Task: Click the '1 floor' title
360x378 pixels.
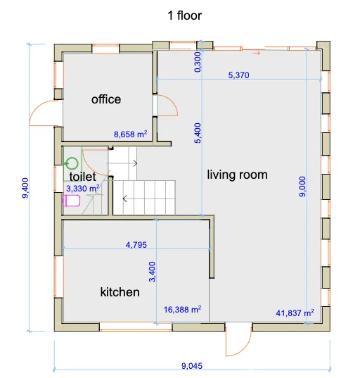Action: pos(184,15)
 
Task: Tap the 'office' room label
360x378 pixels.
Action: pos(106,99)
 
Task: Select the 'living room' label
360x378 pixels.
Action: pos(237,175)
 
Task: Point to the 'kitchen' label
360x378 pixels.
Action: pos(120,292)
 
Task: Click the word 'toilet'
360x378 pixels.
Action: pos(82,177)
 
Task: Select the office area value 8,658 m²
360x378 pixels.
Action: pos(131,134)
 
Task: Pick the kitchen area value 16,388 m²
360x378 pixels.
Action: pos(183,309)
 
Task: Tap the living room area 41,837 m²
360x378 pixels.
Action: pos(295,313)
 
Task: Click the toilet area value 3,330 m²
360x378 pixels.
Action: pos(83,188)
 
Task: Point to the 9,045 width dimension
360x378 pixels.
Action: pos(192,366)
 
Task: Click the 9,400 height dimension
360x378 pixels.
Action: pos(25,188)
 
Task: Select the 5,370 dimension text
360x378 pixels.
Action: pos(238,75)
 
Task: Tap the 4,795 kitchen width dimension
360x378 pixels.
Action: pos(136,245)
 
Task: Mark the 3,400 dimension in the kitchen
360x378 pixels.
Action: pos(153,272)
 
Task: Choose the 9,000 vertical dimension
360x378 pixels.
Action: pos(302,187)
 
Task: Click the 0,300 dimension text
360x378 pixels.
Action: pos(198,62)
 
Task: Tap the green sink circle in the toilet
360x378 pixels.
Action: pos(72,163)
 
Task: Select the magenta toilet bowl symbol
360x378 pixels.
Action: pos(71,201)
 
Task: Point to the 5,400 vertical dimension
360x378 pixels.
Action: pos(198,133)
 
